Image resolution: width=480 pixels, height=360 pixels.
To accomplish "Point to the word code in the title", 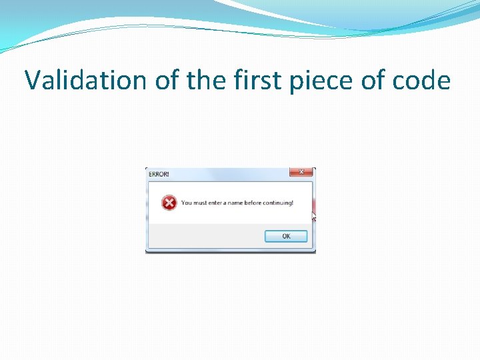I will [x=421, y=81].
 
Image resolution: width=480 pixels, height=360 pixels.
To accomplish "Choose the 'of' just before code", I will [x=373, y=81].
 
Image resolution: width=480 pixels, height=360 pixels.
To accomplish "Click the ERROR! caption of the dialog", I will [x=159, y=174].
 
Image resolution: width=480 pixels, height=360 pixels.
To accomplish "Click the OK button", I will [x=286, y=236].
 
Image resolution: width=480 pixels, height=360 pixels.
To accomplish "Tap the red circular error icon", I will [x=169, y=203].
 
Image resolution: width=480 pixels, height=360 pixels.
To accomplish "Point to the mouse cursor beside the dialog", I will [x=313, y=216].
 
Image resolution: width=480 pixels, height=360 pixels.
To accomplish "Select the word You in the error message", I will [x=187, y=203].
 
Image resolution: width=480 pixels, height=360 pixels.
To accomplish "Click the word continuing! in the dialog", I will [x=281, y=203].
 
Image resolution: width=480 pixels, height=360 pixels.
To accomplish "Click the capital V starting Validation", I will [x=31, y=81].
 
